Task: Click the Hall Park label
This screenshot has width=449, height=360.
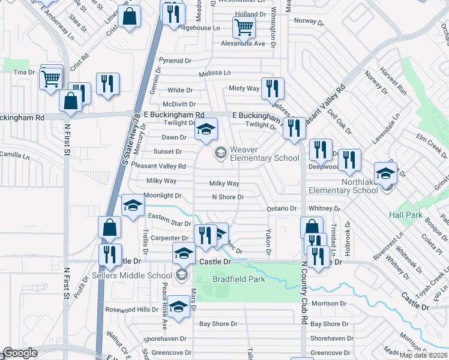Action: coord(406,214)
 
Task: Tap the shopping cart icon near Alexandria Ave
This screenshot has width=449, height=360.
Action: coord(244,26)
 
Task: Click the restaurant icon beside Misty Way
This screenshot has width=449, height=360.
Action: coord(273,88)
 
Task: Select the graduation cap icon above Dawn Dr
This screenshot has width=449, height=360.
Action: coord(206,129)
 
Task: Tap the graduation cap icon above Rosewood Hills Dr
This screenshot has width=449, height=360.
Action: coord(178,308)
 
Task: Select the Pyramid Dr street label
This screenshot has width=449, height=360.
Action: coord(174,61)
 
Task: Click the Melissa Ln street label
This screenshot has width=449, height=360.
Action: coord(215,73)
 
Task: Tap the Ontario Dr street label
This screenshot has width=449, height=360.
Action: coord(282,208)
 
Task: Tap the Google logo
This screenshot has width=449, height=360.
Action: coord(20,353)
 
